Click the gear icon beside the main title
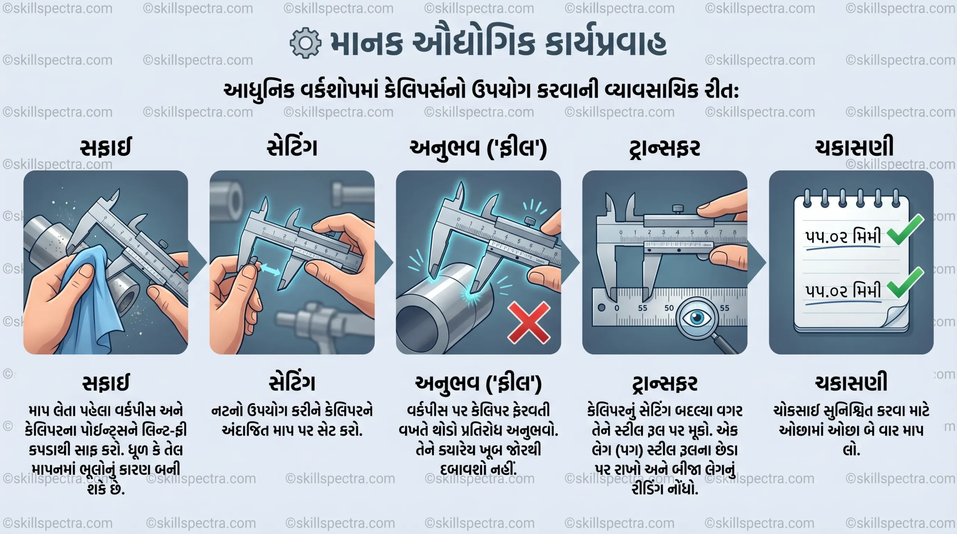305,43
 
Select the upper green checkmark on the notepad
905,230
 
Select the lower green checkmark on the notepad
905,283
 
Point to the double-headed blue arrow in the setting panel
271,269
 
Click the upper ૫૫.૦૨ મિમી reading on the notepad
843,237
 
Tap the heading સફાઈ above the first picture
105,148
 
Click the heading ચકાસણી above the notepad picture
854,147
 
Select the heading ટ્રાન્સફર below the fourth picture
664,384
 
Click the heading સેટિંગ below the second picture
292,383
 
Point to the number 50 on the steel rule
669,308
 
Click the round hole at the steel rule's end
601,308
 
